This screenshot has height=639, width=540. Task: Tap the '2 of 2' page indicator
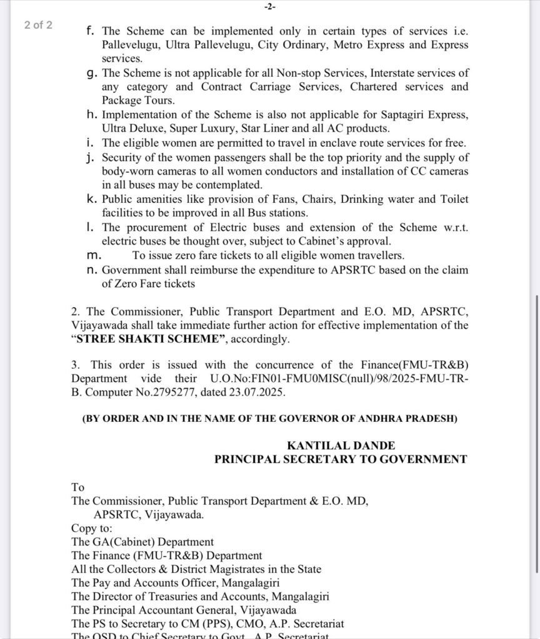(x=38, y=26)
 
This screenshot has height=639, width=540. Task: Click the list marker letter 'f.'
(x=92, y=31)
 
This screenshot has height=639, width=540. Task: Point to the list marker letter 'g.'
(x=92, y=74)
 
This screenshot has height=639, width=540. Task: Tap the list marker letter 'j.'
(x=92, y=158)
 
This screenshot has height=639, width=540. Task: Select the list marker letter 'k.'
(x=92, y=200)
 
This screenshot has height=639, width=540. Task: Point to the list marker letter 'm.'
(x=93, y=256)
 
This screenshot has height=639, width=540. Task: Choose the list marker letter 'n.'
(x=92, y=270)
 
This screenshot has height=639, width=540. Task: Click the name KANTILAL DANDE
(x=341, y=446)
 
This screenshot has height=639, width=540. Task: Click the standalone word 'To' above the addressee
(x=77, y=487)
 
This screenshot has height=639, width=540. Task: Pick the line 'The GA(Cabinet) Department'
(x=142, y=542)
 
